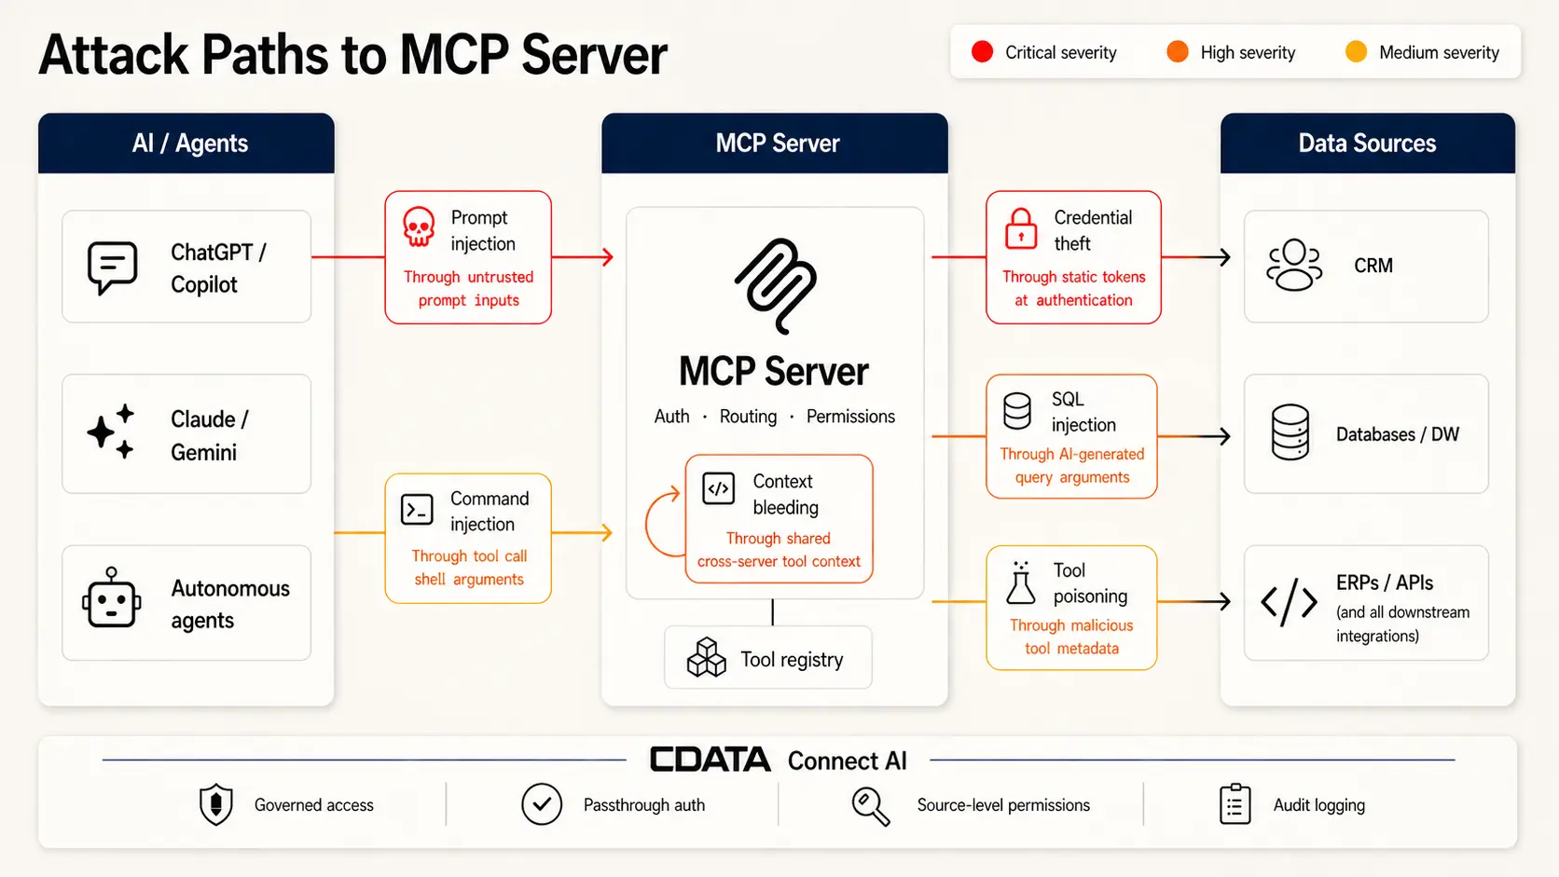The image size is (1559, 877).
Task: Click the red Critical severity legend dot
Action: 982,52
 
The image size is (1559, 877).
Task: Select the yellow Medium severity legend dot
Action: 1356,52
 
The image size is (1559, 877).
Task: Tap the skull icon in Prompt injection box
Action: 419,226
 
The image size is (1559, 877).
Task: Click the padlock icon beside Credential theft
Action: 1021,228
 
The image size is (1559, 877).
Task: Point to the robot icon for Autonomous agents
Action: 112,599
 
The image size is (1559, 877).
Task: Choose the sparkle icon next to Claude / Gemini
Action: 111,432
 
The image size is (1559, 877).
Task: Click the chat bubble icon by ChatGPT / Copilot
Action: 112,267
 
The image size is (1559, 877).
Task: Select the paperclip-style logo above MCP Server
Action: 776,285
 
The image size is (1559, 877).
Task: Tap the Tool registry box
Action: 767,658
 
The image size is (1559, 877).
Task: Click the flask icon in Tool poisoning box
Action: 1020,583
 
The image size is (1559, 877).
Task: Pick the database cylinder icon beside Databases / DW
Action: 1290,432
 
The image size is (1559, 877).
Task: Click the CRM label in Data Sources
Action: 1373,266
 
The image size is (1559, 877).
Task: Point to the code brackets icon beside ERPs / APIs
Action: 1289,602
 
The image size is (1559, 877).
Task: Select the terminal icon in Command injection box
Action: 417,510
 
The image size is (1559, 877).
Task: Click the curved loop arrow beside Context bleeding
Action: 663,522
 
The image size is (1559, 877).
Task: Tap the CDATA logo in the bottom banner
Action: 711,760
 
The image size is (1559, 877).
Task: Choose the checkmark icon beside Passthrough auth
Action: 542,804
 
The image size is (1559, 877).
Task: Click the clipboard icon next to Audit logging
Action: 1235,804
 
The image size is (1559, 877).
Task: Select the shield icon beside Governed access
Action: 216,804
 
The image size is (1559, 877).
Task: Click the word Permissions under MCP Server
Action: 850,417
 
